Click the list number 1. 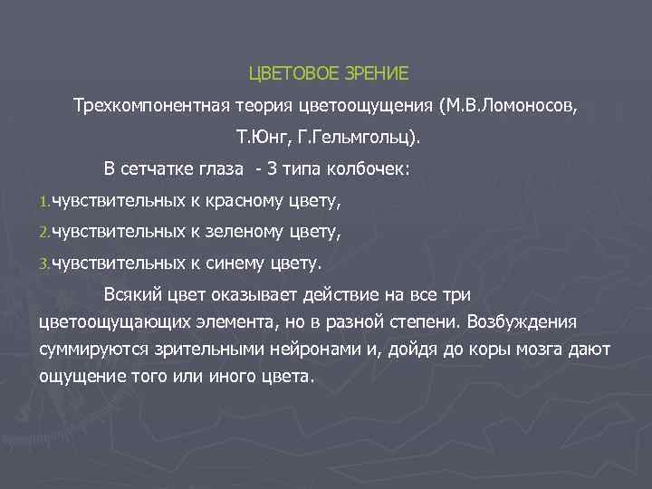[x=43, y=201]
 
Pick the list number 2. [x=43, y=234]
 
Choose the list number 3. [x=43, y=265]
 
